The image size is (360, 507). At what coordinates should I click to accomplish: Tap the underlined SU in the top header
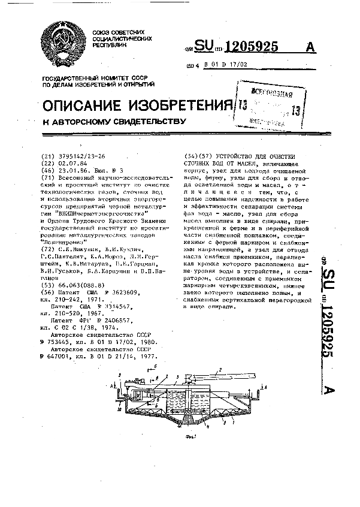pyautogui.click(x=204, y=47)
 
